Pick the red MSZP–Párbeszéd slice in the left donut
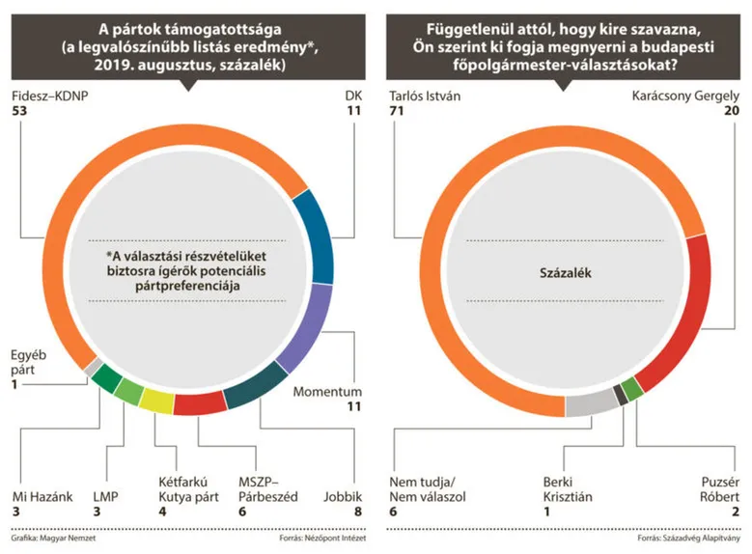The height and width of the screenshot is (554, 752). click(200, 403)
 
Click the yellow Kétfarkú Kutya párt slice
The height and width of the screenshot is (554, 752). click(157, 399)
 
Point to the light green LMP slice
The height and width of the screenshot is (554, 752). click(128, 391)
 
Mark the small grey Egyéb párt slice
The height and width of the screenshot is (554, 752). click(91, 367)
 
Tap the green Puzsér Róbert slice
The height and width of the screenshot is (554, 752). click(632, 389)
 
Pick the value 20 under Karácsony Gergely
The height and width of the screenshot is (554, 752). click(732, 112)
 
